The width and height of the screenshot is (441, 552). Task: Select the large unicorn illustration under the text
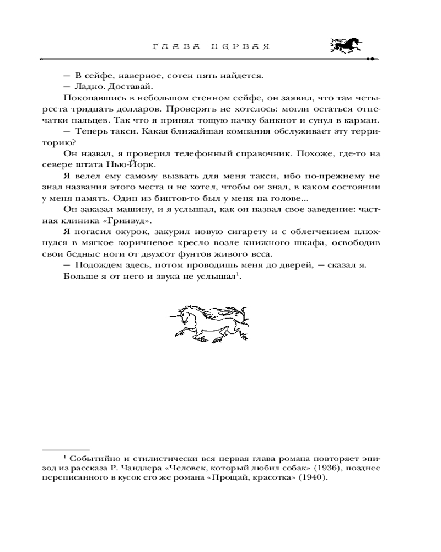point(208,322)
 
